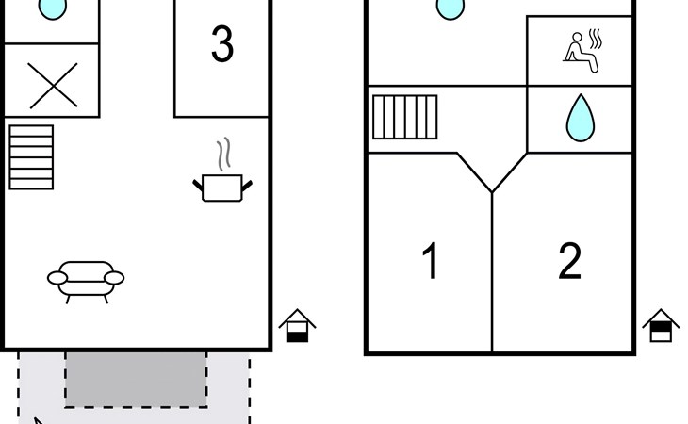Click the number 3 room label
(221, 45)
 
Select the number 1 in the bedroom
(431, 262)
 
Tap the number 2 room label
(569, 262)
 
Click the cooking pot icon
(223, 186)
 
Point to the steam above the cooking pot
(223, 153)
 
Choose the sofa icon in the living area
(86, 279)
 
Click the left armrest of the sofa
(57, 278)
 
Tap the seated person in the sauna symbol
(575, 50)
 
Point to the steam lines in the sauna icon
(594, 40)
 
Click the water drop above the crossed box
(53, 8)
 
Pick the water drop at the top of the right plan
(450, 8)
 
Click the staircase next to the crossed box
(31, 156)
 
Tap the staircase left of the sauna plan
(405, 117)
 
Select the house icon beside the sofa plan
(298, 325)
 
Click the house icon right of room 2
(662, 325)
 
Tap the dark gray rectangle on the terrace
(136, 379)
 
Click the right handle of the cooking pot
(248, 184)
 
